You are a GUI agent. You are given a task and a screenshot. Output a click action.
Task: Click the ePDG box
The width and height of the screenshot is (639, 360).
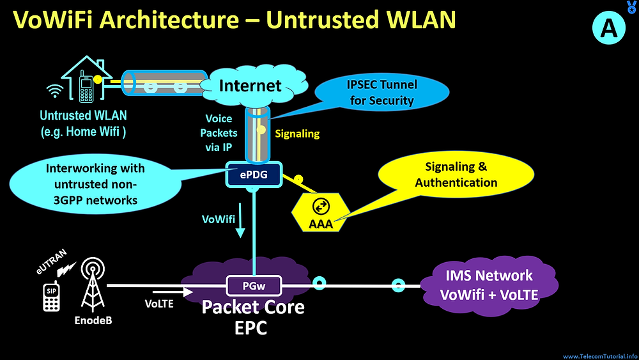click(254, 175)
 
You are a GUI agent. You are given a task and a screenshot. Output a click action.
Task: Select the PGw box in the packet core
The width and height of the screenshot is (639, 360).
click(254, 286)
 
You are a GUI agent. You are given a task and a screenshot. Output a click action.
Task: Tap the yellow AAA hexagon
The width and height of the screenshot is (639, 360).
click(321, 212)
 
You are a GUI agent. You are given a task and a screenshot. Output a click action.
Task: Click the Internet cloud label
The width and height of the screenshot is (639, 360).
click(250, 86)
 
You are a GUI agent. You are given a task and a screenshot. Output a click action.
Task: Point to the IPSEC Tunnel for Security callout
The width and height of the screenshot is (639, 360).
click(382, 93)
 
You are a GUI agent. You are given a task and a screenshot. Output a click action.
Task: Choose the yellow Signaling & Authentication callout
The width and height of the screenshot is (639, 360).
click(456, 175)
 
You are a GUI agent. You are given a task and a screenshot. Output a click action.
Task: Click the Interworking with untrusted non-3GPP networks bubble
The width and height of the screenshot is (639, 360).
click(95, 184)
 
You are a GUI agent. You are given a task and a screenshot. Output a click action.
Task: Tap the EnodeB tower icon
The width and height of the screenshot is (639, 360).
click(93, 284)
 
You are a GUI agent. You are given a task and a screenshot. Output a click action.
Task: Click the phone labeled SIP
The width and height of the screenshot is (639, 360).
click(51, 297)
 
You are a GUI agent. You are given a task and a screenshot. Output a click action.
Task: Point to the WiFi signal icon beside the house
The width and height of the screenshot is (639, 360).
click(54, 91)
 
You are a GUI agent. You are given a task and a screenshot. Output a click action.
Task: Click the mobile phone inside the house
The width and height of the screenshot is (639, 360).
click(86, 86)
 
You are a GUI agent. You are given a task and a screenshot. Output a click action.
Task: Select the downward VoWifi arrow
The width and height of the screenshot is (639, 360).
click(240, 220)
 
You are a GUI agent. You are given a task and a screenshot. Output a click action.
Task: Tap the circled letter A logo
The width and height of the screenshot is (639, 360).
click(609, 28)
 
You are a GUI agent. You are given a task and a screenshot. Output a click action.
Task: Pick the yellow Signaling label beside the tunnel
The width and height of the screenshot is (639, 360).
click(297, 134)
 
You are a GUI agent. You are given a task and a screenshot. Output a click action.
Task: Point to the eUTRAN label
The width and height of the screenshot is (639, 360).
click(51, 262)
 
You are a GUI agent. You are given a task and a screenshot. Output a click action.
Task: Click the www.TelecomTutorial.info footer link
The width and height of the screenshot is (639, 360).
click(600, 356)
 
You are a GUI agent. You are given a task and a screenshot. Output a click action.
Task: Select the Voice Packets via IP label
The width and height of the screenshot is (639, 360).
click(219, 133)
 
